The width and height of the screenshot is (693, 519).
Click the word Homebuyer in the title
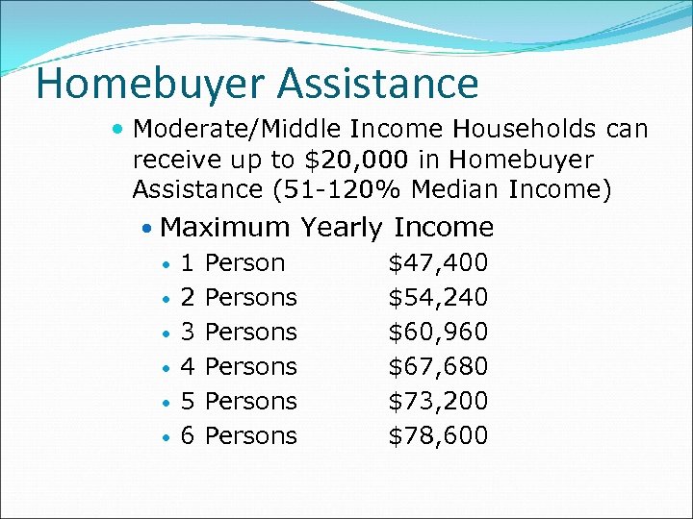pyautogui.click(x=150, y=85)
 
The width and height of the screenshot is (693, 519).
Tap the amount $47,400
pyautogui.click(x=438, y=262)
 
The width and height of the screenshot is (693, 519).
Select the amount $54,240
pyautogui.click(x=438, y=297)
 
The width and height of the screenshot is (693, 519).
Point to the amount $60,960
pyautogui.click(x=438, y=332)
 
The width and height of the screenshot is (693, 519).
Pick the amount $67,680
pyautogui.click(x=438, y=366)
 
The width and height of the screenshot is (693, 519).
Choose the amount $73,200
pyautogui.click(x=438, y=401)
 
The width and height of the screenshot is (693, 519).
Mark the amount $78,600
pyautogui.click(x=438, y=435)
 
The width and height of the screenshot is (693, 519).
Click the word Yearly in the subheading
pyautogui.click(x=343, y=228)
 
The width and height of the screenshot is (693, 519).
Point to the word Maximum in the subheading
pyautogui.click(x=225, y=228)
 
